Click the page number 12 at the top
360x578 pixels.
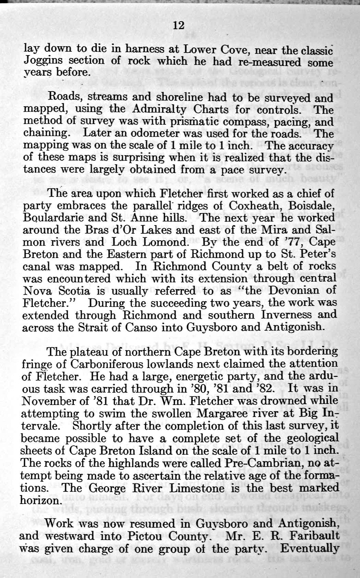click(179, 25)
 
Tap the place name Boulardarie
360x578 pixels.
click(55, 218)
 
